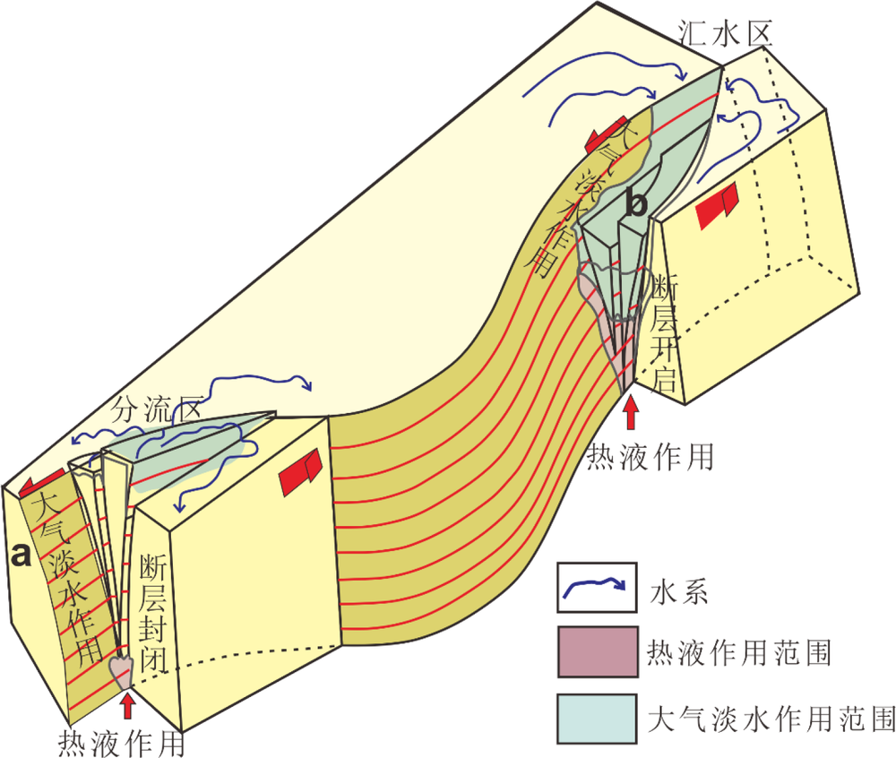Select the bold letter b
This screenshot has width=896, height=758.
coord(635,203)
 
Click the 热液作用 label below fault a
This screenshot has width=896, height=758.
coord(122,742)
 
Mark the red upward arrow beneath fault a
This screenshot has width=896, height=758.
coord(128,703)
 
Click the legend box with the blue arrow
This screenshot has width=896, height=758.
coord(596,588)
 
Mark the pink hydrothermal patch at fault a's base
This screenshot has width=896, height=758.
coord(120,668)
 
